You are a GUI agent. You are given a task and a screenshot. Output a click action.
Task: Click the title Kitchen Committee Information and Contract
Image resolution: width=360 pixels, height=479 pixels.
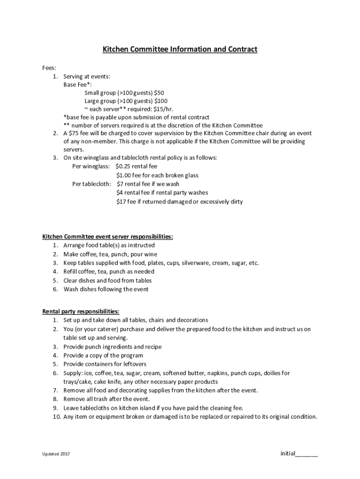point(180,49)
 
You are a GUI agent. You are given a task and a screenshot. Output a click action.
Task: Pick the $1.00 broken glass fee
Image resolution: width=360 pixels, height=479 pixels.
point(125,175)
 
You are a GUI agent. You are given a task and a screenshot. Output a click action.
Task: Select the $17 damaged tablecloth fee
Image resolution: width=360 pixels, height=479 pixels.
point(122,202)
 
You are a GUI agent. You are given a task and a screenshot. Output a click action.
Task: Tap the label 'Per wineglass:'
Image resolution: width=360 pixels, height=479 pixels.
point(91,167)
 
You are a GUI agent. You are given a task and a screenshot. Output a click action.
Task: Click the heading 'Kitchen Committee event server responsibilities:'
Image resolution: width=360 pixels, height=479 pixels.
point(108,237)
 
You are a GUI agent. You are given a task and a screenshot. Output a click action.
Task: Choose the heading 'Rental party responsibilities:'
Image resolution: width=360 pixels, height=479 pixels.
point(80,311)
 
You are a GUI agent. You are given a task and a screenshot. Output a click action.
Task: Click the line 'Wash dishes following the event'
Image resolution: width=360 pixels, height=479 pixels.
point(106,289)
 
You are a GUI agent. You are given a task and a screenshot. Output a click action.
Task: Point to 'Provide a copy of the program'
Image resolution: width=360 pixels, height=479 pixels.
point(103,356)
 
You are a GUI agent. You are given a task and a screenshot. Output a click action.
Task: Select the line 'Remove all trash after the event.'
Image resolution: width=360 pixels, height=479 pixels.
point(107,399)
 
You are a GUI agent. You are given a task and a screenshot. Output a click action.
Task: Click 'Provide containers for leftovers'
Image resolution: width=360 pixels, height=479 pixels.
point(105,364)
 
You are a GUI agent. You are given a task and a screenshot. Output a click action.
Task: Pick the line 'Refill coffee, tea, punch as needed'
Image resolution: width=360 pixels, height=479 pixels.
point(109,271)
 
